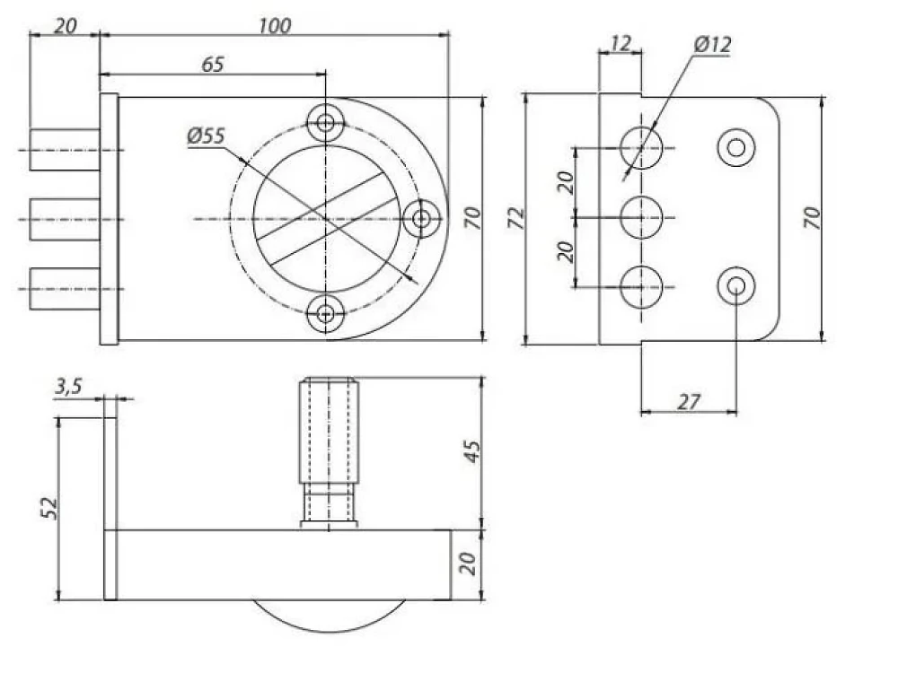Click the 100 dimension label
(x=275, y=26)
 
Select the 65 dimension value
(x=213, y=65)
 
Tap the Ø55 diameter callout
(x=207, y=136)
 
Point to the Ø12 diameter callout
(x=712, y=44)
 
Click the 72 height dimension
(x=516, y=219)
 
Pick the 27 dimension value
(x=689, y=402)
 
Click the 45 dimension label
(x=472, y=451)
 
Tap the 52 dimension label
(x=49, y=508)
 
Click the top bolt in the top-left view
(x=65, y=150)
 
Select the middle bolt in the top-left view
(x=65, y=219)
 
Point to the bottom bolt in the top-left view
(x=65, y=288)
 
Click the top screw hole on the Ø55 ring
(x=325, y=122)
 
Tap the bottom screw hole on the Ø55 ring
(x=325, y=313)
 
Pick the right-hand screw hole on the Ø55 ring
(x=421, y=218)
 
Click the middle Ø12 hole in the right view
(x=641, y=217)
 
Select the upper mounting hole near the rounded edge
(x=736, y=148)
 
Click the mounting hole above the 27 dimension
(x=736, y=285)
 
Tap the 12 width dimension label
(x=621, y=43)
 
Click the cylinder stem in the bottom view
(x=330, y=453)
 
